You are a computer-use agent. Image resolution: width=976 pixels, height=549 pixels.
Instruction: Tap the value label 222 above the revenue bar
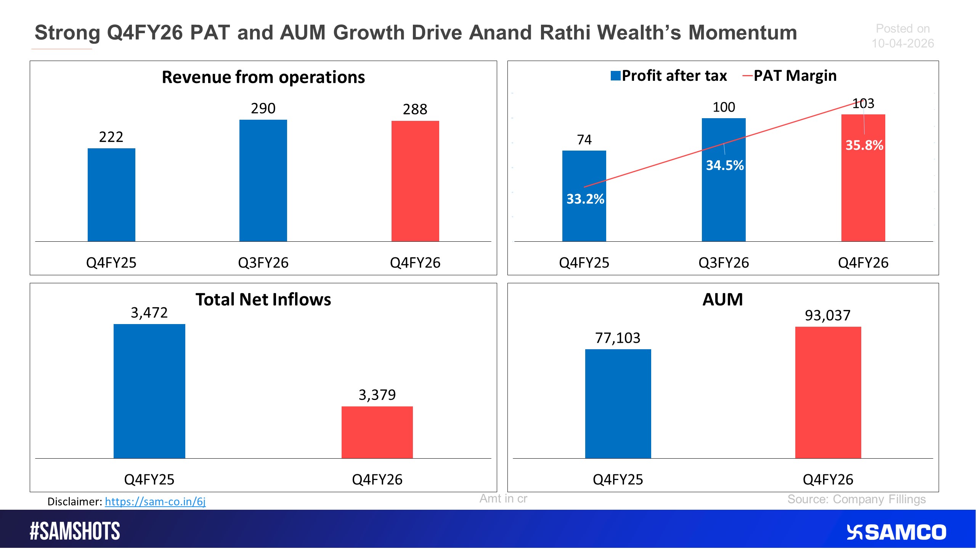(111, 137)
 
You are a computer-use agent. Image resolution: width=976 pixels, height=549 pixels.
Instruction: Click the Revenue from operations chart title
(263, 77)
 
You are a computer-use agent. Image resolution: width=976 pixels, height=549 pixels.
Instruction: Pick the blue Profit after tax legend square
(615, 75)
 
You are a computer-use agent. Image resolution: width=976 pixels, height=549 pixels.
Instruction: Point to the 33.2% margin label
(585, 199)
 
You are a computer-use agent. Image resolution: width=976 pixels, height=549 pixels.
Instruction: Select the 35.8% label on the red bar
(864, 145)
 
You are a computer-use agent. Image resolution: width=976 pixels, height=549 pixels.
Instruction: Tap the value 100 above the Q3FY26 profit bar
(724, 107)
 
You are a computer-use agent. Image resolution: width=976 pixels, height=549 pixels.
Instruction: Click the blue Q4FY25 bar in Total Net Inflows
(149, 391)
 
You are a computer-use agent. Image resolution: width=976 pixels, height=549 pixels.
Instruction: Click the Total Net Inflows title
(263, 300)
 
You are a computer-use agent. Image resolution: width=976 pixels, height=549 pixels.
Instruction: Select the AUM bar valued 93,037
(828, 392)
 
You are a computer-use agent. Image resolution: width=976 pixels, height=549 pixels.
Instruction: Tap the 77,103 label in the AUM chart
(618, 338)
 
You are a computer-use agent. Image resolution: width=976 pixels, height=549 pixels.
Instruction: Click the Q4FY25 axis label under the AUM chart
(618, 479)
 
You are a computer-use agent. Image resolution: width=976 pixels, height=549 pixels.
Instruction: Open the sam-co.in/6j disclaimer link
(155, 501)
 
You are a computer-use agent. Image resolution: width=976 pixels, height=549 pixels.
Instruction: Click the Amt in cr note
(503, 498)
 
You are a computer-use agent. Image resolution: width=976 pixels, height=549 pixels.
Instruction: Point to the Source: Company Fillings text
(856, 499)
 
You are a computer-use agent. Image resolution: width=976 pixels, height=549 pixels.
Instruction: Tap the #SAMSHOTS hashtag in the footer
(75, 531)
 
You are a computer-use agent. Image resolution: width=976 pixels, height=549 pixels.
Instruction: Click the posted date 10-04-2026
(902, 43)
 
